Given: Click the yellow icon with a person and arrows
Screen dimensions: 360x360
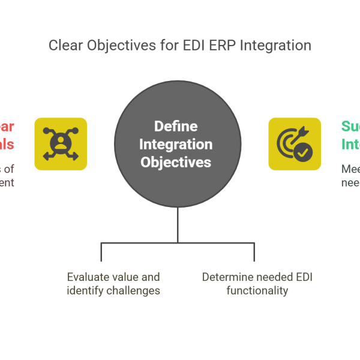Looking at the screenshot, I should coord(61,144).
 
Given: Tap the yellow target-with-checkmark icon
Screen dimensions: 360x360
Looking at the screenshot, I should coord(295,144).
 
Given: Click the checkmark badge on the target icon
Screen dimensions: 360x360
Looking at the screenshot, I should coord(303,153).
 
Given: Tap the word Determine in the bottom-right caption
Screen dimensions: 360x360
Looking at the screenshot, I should coord(226,277).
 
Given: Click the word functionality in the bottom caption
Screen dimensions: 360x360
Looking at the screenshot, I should coord(257,291).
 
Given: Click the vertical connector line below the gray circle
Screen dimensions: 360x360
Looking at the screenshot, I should coord(178,225).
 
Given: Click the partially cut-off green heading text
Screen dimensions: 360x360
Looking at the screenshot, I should coord(350,136).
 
